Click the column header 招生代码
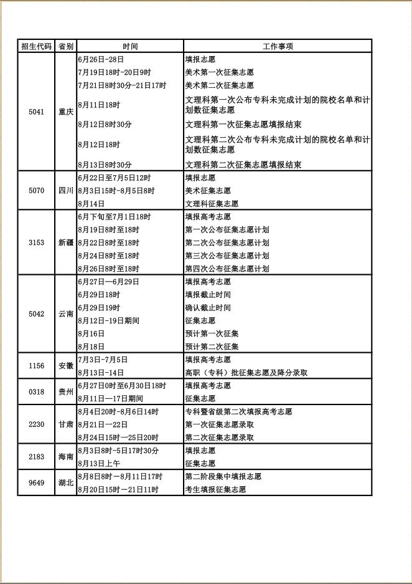click(x=37, y=46)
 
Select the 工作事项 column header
click(x=278, y=46)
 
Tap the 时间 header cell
click(x=130, y=46)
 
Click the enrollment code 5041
click(x=37, y=112)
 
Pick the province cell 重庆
click(x=66, y=112)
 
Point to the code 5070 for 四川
click(x=37, y=190)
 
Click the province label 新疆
click(x=66, y=242)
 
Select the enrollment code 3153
click(x=37, y=242)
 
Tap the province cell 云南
click(x=66, y=314)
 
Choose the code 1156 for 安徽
click(x=37, y=366)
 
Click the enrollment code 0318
click(x=37, y=392)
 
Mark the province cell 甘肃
click(x=66, y=424)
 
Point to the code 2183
click(x=37, y=457)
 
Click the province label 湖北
click(x=66, y=483)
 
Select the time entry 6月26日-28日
click(x=101, y=59)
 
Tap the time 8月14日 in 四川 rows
click(x=91, y=204)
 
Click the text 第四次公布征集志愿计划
click(x=227, y=269)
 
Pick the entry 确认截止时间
click(x=208, y=308)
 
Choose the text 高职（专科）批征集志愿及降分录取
click(x=246, y=373)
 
